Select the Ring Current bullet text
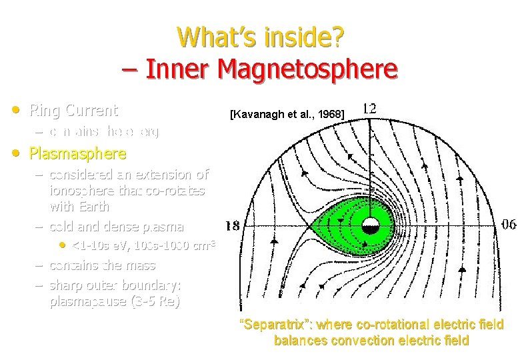(74, 110)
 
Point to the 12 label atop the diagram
(368, 107)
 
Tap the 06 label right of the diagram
(507, 225)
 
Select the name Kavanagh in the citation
(258, 115)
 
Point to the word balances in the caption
(298, 340)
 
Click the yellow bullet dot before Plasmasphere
(15, 153)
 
